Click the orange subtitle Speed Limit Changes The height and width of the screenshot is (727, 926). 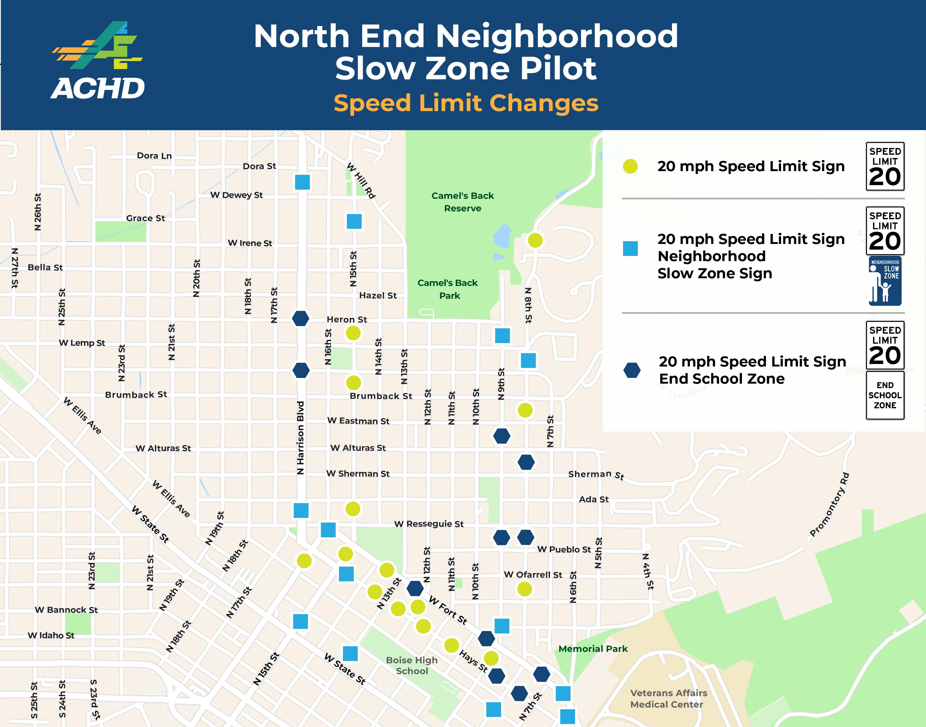(466, 103)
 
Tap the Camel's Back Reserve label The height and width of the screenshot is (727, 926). (462, 202)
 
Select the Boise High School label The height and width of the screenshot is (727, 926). (412, 665)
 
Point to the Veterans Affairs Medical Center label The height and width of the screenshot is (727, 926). (668, 698)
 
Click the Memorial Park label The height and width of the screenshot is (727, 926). (593, 649)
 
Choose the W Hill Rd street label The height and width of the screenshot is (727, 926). (361, 181)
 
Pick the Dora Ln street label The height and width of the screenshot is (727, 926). (154, 156)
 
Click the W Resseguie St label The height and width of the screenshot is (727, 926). (429, 524)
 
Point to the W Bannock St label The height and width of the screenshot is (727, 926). (66, 610)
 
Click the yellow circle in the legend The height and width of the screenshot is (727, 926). (630, 167)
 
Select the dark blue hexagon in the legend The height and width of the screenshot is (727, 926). (632, 370)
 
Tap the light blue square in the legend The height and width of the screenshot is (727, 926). (630, 249)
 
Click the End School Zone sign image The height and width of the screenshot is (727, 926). (885, 395)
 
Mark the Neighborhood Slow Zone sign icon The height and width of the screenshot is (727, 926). (885, 281)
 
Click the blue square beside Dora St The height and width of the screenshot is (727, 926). (302, 182)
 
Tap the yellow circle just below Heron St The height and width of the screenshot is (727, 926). (353, 333)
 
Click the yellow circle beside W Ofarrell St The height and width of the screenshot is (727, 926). (524, 589)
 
